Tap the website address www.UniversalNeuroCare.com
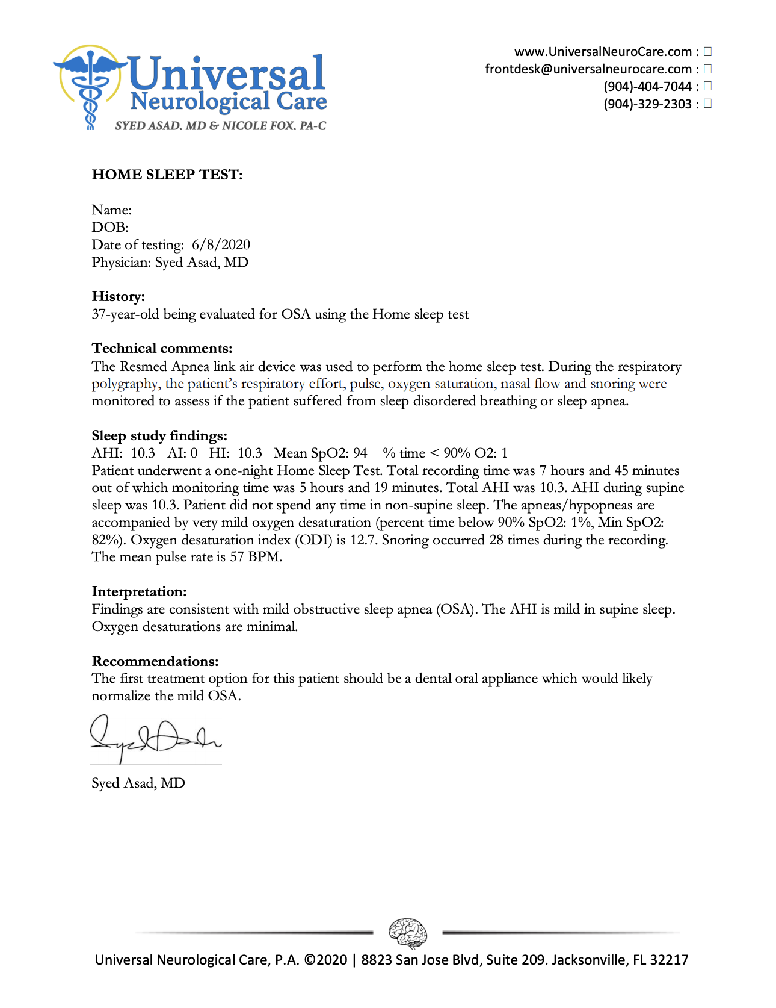[x=603, y=52]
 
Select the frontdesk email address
[x=588, y=69]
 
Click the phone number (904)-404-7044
[x=647, y=87]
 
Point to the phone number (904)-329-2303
[x=647, y=104]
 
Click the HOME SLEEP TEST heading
[x=167, y=175]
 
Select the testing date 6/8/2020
[x=221, y=244]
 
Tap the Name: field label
[x=112, y=210]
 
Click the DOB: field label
[x=110, y=228]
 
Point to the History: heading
[x=119, y=296]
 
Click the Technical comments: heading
[x=162, y=348]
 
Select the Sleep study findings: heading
[x=159, y=435]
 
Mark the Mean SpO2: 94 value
[x=320, y=453]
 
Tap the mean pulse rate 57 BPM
[x=256, y=557]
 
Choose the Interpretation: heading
[x=139, y=591]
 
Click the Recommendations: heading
[x=155, y=661]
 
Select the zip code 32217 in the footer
[x=669, y=960]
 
